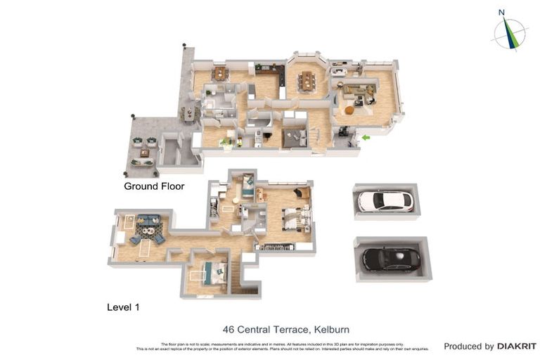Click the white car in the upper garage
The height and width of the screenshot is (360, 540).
385,201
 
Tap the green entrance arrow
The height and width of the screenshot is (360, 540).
366,138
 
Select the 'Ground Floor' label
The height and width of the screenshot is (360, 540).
154,186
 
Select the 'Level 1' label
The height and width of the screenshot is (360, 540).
126,307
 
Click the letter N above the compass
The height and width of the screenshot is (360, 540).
501,12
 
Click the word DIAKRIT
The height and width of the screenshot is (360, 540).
517,346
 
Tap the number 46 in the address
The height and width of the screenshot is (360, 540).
229,329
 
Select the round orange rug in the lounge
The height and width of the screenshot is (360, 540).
349,110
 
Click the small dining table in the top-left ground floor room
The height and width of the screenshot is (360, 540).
221,72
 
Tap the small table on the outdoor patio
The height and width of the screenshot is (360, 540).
144,152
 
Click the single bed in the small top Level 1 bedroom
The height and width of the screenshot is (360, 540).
248,186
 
